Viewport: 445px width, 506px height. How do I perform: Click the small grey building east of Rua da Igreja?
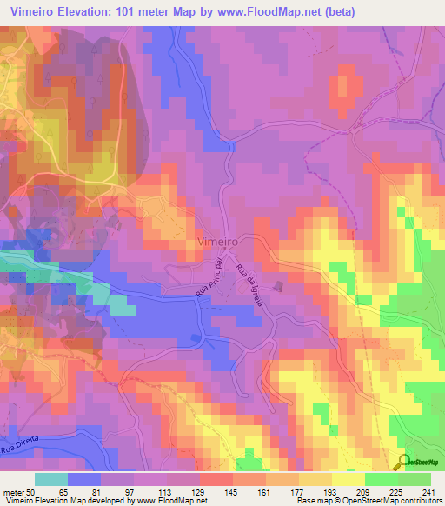pos(278,285)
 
